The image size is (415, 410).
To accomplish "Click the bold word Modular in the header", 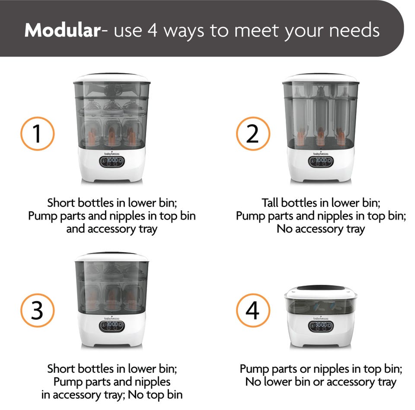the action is point(62,30).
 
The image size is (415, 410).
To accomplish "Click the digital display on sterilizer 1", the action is point(112,162).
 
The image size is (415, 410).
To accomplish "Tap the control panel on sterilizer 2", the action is point(321,162).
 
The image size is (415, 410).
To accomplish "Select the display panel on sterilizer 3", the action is point(112,327).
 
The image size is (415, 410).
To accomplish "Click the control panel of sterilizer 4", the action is point(321,327).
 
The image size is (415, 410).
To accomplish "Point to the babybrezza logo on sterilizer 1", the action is point(112,154).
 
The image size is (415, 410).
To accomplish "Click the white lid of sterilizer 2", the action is point(321,78).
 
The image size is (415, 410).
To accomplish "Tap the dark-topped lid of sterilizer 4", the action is point(321,290).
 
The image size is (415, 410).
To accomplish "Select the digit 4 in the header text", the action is point(153,30).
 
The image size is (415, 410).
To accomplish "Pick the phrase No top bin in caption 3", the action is point(155,394).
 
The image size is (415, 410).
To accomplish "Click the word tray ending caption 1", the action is point(148,229).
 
